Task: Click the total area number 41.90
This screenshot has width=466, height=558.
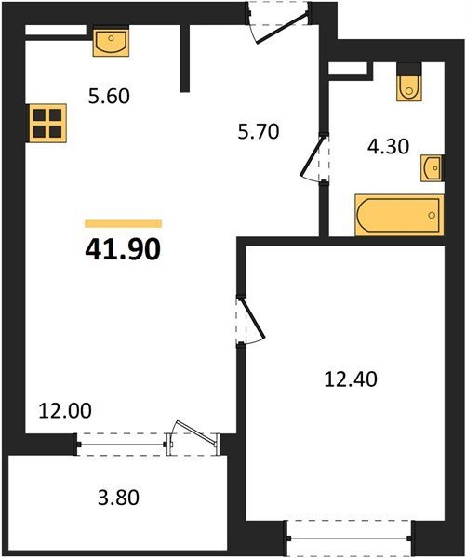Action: pos(123,249)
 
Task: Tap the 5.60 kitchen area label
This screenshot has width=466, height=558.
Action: pos(109,97)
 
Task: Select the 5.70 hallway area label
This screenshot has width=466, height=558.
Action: pos(259,131)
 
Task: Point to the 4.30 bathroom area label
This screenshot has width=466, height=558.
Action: pos(388,147)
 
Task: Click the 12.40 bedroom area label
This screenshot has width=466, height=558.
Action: pos(351,379)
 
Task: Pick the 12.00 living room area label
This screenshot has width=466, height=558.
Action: pos(65,411)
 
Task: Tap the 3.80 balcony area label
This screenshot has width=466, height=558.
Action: pos(118,498)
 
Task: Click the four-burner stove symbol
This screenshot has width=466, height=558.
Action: pos(47,123)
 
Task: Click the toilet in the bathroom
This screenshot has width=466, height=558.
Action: pos(409,86)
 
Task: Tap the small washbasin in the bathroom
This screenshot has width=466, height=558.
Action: pos(433,168)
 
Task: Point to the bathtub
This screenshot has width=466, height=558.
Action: pos(399,216)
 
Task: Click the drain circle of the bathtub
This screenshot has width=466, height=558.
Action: pos(432,215)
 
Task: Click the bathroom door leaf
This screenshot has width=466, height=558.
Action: pos(313,156)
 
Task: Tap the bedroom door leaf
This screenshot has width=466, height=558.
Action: pos(254,318)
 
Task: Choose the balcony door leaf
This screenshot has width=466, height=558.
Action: pos(196,432)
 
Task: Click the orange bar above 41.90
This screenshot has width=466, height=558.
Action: pos(123,223)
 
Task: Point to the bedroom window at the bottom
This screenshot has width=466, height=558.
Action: pos(349,538)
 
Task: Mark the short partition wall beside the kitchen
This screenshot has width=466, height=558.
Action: pos(184,59)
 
